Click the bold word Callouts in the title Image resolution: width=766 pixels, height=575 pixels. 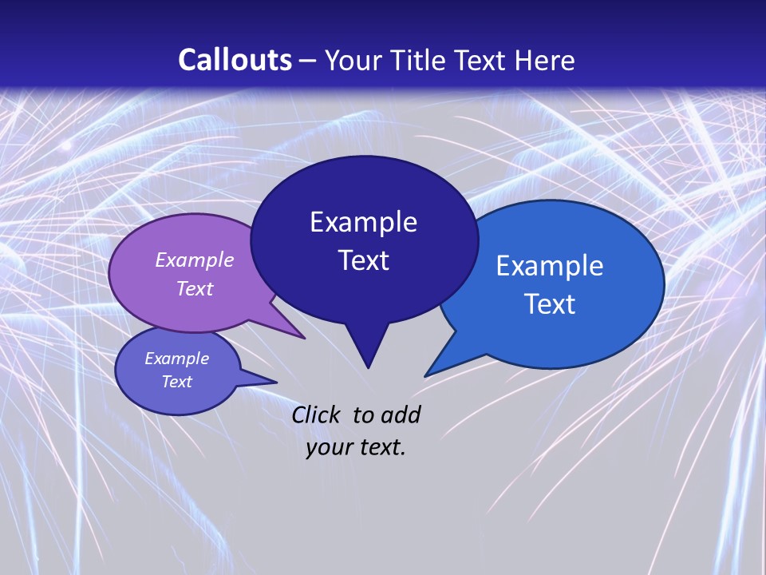click(x=235, y=60)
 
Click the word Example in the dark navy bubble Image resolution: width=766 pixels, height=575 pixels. click(x=363, y=222)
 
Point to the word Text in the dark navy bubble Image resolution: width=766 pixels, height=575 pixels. click(x=363, y=260)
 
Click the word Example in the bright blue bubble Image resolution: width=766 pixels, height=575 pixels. click(x=550, y=266)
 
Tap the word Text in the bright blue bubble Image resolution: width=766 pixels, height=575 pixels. click(x=550, y=304)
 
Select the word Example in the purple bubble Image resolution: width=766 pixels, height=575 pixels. click(x=195, y=260)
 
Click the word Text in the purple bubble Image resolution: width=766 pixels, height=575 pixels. click(x=195, y=288)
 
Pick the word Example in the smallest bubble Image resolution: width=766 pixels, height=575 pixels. click(x=176, y=359)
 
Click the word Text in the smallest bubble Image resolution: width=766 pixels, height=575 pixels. click(x=176, y=382)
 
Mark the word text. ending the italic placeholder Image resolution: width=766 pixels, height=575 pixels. click(x=382, y=447)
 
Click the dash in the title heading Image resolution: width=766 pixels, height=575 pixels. click(x=308, y=61)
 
